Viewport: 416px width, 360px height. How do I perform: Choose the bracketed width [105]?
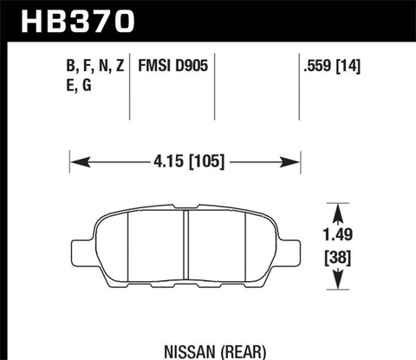[x=207, y=160]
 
